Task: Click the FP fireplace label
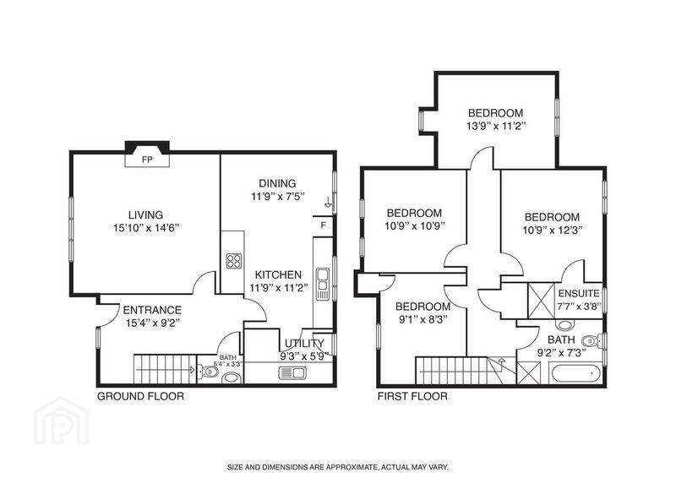[x=147, y=160]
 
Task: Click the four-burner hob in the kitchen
[x=234, y=261]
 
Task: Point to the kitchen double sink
[x=323, y=284]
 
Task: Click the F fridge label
[x=324, y=225]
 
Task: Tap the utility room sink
[x=292, y=372]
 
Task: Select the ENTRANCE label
[x=152, y=310]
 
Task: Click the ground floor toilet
[x=207, y=371]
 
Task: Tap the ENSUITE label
[x=579, y=294]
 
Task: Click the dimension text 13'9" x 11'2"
[x=496, y=127]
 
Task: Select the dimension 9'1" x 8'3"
[x=423, y=319]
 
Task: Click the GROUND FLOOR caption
[x=140, y=396]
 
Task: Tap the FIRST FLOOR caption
[x=412, y=396]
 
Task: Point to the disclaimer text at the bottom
[x=339, y=467]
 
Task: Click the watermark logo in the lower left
[x=61, y=421]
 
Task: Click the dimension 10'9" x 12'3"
[x=553, y=231]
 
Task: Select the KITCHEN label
[x=278, y=274]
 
